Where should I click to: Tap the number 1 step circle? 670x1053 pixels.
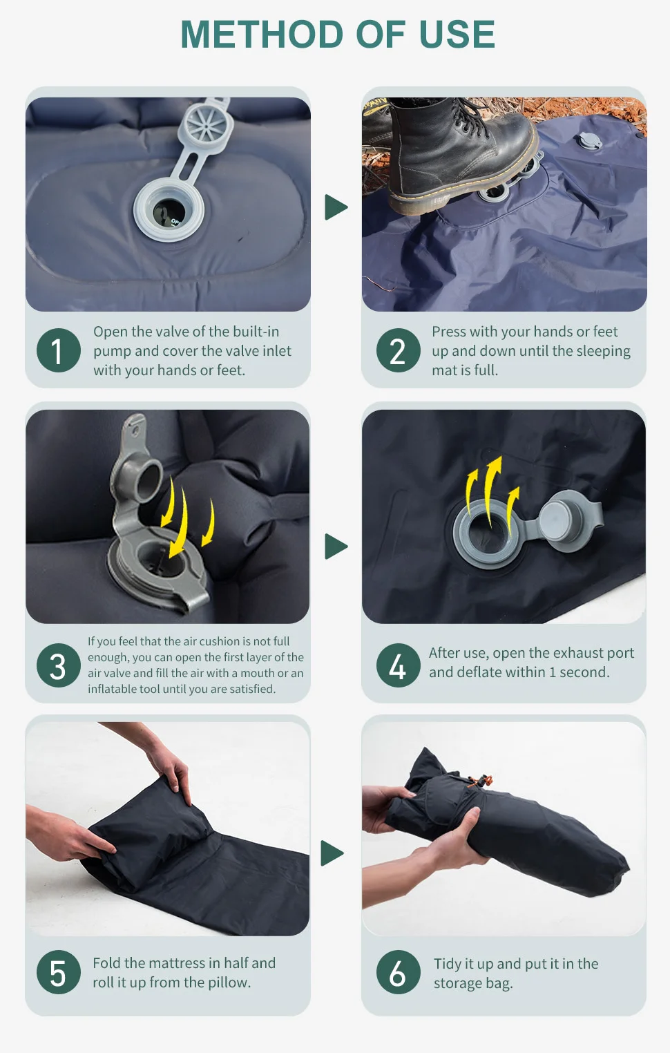tap(58, 350)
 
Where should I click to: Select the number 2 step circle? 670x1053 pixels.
tap(398, 350)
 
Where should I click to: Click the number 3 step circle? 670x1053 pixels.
tap(58, 666)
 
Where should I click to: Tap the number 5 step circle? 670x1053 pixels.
tap(58, 972)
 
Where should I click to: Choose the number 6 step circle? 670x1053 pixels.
tap(398, 972)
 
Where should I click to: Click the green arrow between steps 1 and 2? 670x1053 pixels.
tap(336, 207)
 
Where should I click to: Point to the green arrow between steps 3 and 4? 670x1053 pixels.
tap(336, 547)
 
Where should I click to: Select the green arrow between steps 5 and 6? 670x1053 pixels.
tap(332, 853)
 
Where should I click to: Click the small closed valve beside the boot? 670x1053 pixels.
tap(589, 142)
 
